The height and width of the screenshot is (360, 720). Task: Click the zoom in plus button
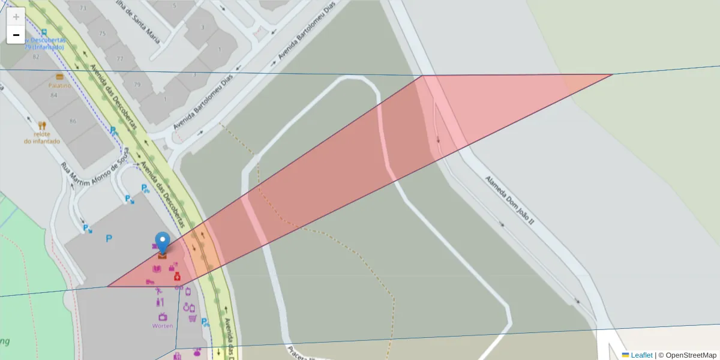pos(16,17)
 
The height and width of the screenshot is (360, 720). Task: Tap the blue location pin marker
pos(162,243)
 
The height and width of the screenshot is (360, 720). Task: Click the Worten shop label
pos(163,326)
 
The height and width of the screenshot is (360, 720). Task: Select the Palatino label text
pos(59,86)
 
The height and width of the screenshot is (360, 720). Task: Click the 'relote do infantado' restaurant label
pos(42,137)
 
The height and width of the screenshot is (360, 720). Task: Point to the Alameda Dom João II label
pos(509,200)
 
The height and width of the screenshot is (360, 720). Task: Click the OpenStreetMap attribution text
pos(691,355)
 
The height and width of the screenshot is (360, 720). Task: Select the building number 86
pos(73,121)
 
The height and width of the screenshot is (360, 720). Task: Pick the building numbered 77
pos(120,58)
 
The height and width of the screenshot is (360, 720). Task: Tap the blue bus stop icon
pos(44,31)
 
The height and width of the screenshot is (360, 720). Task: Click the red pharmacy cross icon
pos(177,277)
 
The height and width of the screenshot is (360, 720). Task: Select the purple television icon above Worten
pos(161,316)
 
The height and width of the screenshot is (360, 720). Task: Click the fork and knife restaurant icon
pos(42,126)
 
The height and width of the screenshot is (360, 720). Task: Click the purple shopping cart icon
pos(193,318)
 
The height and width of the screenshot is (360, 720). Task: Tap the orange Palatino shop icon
pos(59,77)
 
